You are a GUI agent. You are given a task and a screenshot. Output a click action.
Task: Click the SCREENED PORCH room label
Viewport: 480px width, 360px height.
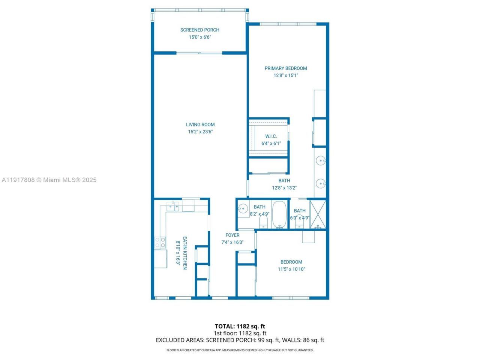tap(199, 30)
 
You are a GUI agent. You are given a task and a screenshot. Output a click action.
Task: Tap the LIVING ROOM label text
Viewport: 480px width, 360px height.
tap(200, 125)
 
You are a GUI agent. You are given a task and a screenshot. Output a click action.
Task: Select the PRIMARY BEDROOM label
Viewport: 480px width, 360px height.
tap(286, 68)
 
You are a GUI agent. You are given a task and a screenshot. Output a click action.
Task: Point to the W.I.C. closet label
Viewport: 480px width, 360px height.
tap(271, 136)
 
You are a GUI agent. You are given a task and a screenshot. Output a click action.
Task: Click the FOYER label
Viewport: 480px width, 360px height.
tap(232, 235)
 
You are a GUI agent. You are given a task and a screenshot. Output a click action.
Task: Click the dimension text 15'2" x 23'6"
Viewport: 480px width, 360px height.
tap(200, 132)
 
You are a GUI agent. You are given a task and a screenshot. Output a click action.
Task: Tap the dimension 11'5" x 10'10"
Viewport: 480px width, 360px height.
tap(291, 269)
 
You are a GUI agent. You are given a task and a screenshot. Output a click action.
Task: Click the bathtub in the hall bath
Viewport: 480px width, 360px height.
tap(279, 215)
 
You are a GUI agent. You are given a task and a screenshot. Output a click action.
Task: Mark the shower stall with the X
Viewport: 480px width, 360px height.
tap(318, 215)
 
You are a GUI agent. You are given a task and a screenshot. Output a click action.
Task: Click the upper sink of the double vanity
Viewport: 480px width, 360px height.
tap(321, 161)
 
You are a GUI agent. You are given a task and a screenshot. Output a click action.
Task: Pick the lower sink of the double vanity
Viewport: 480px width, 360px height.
tap(321, 183)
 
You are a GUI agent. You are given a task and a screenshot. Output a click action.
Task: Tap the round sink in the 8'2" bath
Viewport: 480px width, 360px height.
tap(243, 208)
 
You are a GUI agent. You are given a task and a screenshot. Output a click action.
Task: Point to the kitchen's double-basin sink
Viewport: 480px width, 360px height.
tap(173, 207)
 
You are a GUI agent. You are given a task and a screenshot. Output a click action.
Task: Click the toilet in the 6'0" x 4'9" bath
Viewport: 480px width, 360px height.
tap(299, 223)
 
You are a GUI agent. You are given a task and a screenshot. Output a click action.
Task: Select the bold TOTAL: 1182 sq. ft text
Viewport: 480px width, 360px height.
tap(240, 326)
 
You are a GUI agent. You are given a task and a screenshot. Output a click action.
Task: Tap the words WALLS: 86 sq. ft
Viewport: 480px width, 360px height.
tap(303, 340)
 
